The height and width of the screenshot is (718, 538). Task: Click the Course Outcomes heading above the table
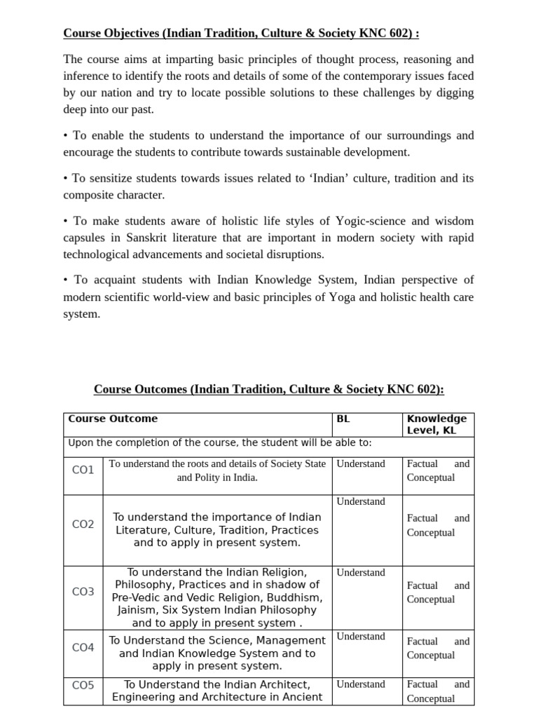point(269,389)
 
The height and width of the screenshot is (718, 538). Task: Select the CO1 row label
point(83,470)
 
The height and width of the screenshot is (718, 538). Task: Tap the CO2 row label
point(83,524)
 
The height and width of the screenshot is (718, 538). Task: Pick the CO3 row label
point(83,592)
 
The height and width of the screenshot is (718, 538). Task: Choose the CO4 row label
point(83,647)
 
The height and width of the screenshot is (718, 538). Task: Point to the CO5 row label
point(83,684)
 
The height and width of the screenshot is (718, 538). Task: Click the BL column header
point(343,419)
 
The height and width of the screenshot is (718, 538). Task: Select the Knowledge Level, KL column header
point(436,424)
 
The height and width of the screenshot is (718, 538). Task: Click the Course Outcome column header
point(113,419)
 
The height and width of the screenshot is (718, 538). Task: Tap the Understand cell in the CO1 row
point(361,463)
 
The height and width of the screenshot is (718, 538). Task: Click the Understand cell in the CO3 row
point(361,572)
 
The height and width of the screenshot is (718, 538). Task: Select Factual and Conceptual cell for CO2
point(438,525)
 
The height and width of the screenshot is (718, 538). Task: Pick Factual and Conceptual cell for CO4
point(438,648)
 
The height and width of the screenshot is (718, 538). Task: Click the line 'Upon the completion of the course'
point(220,442)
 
